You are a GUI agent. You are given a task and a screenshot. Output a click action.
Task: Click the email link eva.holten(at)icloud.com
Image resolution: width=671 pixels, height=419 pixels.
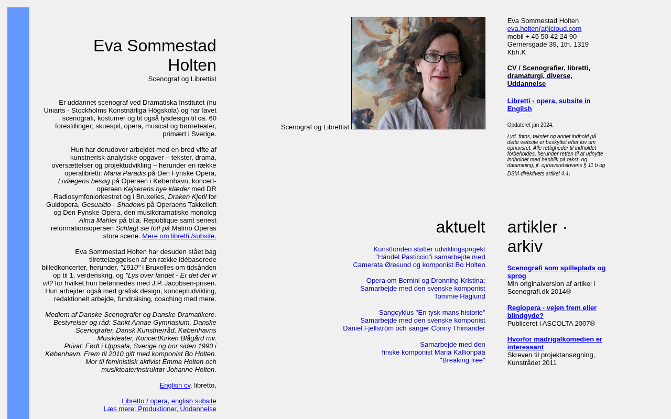pyautogui.click(x=544, y=29)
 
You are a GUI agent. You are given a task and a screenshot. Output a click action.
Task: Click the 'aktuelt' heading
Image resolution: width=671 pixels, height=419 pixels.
pyautogui.click(x=460, y=227)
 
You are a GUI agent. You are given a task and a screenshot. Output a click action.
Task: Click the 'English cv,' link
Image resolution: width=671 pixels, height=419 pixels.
pyautogui.click(x=176, y=385)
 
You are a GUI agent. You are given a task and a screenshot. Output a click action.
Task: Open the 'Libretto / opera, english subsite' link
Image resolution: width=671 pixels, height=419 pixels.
pyautogui.click(x=169, y=401)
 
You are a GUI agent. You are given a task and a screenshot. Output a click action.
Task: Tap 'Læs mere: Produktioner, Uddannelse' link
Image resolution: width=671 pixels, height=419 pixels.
pyautogui.click(x=160, y=409)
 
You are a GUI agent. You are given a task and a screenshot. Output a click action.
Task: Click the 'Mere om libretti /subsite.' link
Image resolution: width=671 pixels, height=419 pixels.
pyautogui.click(x=179, y=236)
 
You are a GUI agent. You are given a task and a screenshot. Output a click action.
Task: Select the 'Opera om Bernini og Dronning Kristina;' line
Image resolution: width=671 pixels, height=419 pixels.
pyautogui.click(x=426, y=281)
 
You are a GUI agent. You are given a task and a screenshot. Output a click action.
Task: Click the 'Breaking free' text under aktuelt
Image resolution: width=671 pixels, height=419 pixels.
pyautogui.click(x=462, y=360)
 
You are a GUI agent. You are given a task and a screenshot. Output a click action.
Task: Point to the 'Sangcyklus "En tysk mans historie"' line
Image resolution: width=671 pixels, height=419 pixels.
pyautogui.click(x=432, y=313)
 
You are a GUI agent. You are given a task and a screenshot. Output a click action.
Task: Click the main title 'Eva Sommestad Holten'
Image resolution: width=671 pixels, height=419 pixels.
pyautogui.click(x=155, y=55)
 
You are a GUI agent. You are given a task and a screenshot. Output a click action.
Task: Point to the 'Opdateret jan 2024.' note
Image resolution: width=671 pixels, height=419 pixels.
pyautogui.click(x=530, y=125)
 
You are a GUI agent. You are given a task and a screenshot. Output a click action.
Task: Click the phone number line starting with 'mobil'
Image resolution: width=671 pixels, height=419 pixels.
pyautogui.click(x=542, y=37)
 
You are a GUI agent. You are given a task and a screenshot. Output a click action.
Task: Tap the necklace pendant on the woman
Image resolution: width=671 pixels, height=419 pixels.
pyautogui.click(x=440, y=109)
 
